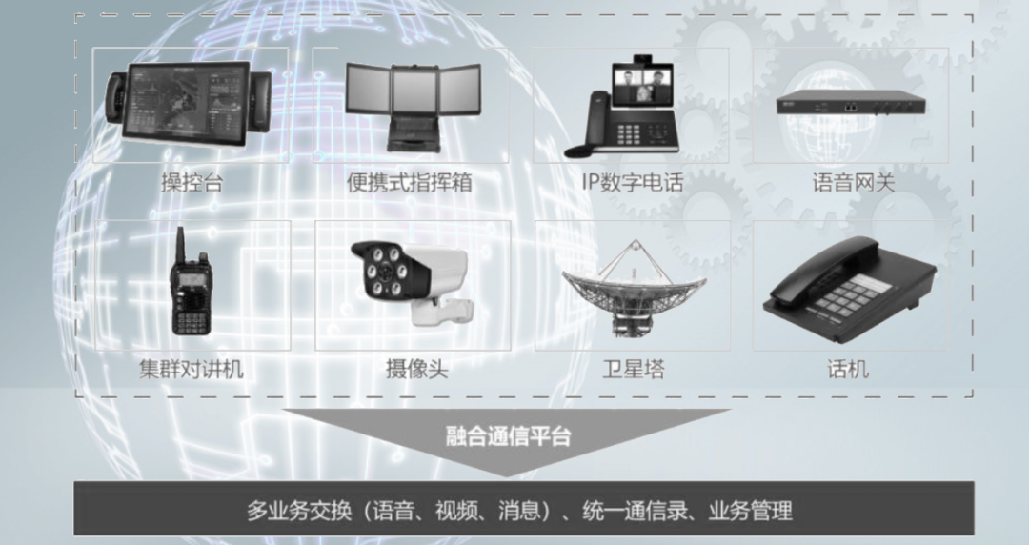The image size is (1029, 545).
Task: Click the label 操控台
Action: (x=192, y=183)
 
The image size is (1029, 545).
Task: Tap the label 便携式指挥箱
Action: (x=409, y=183)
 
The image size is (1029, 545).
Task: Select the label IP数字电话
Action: (x=633, y=183)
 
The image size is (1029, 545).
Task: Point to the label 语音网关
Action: (x=853, y=183)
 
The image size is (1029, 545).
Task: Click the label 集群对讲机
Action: (x=192, y=370)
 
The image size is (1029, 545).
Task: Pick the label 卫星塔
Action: (x=633, y=370)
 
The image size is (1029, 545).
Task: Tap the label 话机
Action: (x=848, y=370)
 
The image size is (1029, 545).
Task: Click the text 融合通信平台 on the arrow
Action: (x=509, y=437)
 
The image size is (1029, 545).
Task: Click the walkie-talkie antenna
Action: (x=177, y=241)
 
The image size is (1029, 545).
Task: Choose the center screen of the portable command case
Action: (x=414, y=91)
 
